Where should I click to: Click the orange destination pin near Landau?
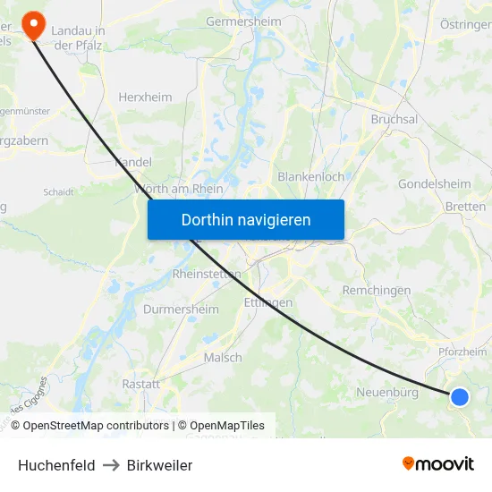pos(33,24)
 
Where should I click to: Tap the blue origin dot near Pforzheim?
pos(459,396)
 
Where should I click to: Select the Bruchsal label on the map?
pos(394,119)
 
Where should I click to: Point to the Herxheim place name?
pos(146,97)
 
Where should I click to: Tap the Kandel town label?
pos(133,162)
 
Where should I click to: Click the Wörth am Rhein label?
pos(179,189)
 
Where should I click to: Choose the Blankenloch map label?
pos(310,176)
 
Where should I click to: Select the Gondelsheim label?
pos(434,183)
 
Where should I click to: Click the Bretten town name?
pos(465,207)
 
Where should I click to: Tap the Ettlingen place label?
pos(267,302)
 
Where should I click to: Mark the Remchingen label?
pos(377,290)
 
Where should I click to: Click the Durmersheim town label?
pos(181,310)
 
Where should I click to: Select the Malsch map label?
pos(223,357)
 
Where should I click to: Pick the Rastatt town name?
pos(140,383)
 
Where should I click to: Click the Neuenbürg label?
pos(387,392)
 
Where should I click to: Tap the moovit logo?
pos(437,463)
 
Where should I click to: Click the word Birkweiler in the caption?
pos(159,465)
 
